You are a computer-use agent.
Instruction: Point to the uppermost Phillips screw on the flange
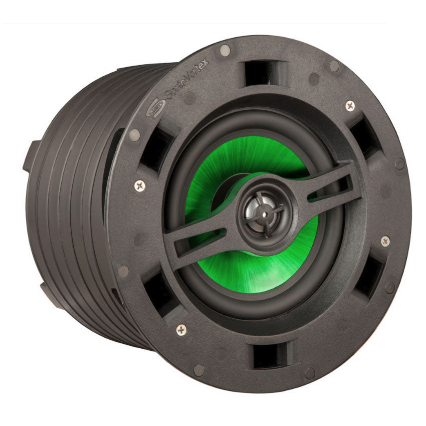coord(350,106)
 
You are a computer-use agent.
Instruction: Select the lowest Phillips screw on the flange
coord(181,329)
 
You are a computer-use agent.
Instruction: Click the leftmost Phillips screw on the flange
coord(139,185)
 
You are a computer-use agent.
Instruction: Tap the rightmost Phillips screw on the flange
coord(385,241)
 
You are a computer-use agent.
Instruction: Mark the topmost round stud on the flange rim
coord(225,49)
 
